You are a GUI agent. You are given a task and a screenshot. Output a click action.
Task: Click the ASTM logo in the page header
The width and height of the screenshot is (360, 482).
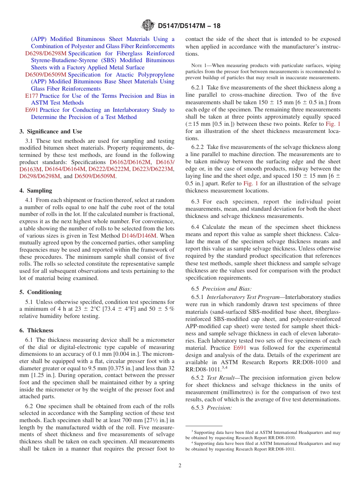(x=148, y=26)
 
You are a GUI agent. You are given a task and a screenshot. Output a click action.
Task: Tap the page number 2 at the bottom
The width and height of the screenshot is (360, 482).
(x=180, y=466)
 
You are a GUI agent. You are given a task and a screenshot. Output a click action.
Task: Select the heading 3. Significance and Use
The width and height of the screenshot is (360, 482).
(x=51, y=131)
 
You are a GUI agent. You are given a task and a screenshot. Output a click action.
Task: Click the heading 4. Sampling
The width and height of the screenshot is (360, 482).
(x=36, y=191)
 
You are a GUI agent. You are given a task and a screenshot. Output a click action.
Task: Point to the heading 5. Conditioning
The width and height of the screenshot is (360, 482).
(x=41, y=292)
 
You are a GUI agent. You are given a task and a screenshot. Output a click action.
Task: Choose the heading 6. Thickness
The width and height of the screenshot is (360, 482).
(x=36, y=330)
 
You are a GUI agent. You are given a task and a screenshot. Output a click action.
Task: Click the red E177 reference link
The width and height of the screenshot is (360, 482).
(x=31, y=96)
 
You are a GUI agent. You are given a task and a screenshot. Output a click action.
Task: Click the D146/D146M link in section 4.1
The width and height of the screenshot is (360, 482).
(x=139, y=235)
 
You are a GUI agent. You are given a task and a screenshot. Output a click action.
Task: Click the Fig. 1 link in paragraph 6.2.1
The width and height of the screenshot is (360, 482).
(x=333, y=124)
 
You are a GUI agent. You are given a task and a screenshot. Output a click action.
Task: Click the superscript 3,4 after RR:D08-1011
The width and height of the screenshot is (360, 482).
(x=224, y=368)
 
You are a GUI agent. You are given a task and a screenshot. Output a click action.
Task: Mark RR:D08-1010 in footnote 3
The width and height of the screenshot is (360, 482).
(x=282, y=437)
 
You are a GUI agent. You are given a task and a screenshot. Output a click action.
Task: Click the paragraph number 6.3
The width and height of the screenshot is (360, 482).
(x=196, y=202)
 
